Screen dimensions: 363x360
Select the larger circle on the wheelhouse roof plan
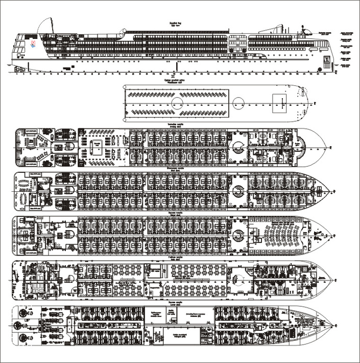(x=177, y=103)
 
